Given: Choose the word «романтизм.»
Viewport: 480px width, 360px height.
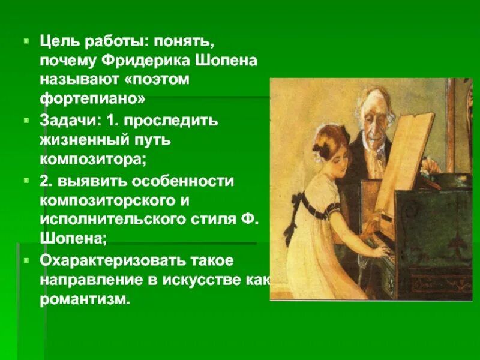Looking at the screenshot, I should pos(85,298).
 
